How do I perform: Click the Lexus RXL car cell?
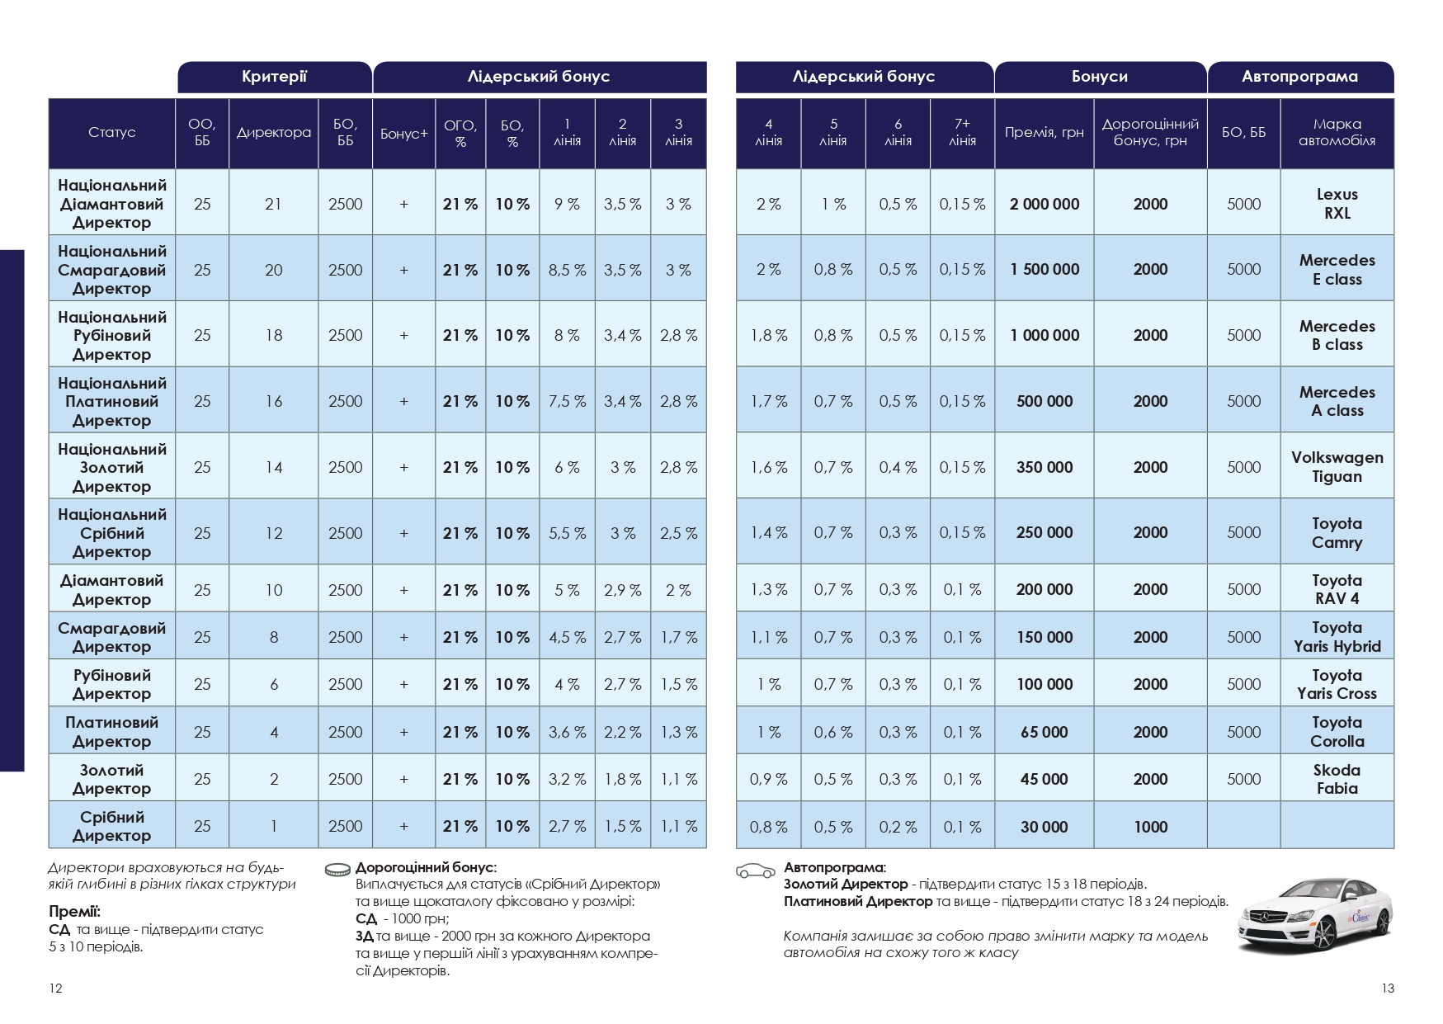point(1337,203)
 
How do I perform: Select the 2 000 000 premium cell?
point(1044,204)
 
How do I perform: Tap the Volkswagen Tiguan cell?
point(1337,467)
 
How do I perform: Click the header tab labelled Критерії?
point(274,77)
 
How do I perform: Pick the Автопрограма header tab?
point(1299,77)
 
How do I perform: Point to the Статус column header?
point(111,133)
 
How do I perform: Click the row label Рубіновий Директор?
point(111,684)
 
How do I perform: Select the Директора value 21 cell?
point(273,204)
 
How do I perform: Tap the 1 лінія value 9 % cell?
point(567,204)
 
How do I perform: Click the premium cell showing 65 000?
point(1044,732)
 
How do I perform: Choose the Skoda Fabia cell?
point(1337,779)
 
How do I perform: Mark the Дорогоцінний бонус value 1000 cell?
point(1150,827)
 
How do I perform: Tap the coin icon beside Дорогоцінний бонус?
point(337,869)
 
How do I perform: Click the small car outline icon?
point(755,871)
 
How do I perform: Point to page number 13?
point(1387,989)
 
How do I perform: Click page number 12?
point(55,989)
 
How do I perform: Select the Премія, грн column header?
point(1044,133)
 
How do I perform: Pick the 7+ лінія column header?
point(962,133)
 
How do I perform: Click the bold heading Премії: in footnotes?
point(74,912)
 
